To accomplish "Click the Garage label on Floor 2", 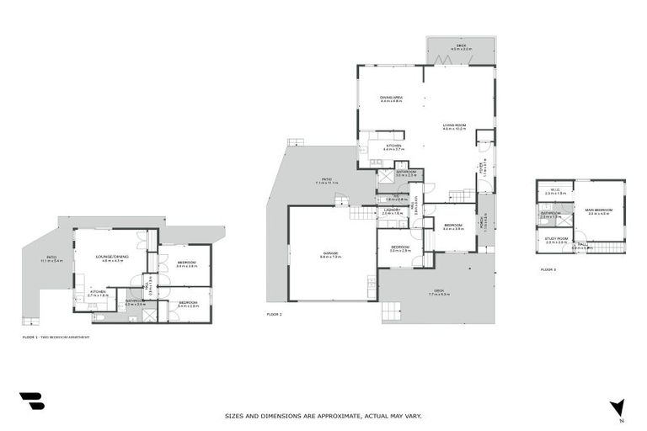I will click(x=329, y=253).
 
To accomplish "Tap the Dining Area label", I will click(x=391, y=98).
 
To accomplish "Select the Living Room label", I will click(x=455, y=127).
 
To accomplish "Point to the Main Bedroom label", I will click(x=600, y=211).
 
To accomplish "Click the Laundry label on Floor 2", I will click(x=393, y=212).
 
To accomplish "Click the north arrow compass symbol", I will click(x=618, y=408).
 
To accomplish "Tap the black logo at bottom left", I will click(x=31, y=402).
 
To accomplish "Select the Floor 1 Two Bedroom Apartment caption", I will click(x=56, y=337).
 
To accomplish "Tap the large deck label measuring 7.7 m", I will click(x=439, y=293).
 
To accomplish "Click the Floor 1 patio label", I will click(x=51, y=259).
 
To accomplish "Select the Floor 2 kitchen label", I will click(x=393, y=147).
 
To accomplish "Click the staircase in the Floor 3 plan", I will click(x=607, y=247).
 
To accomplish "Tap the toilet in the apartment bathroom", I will click(x=100, y=317).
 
